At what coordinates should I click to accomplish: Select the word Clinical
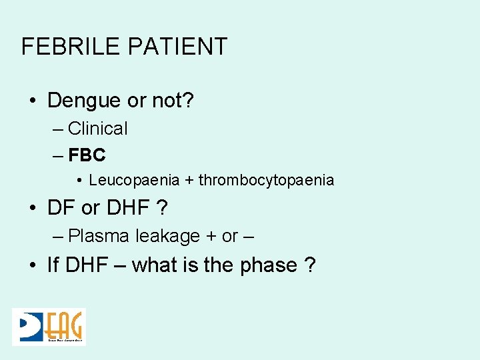98,129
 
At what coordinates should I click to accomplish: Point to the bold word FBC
87,155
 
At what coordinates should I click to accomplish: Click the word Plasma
99,236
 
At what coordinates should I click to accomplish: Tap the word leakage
168,236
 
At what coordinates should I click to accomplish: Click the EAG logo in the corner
49,327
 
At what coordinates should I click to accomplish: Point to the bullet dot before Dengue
33,101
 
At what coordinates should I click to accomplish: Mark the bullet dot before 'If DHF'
33,265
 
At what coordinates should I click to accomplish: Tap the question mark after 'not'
189,101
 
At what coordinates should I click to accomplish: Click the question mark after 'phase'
310,265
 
